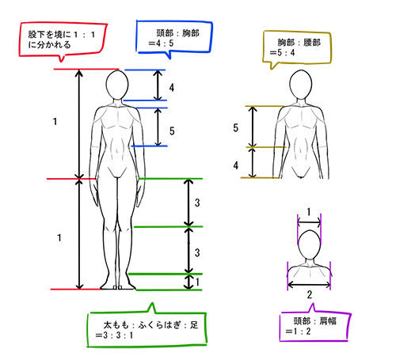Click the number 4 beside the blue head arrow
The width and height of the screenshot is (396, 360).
click(172, 88)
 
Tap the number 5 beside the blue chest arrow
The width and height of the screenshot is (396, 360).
click(172, 131)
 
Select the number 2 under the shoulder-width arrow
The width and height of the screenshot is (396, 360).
click(310, 294)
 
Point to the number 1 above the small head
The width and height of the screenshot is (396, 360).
click(309, 212)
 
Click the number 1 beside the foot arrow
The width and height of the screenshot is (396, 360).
click(197, 282)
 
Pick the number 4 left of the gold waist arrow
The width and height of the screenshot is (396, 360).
click(236, 165)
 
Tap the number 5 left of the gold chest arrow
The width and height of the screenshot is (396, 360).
click(235, 128)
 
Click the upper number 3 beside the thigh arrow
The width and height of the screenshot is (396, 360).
click(197, 203)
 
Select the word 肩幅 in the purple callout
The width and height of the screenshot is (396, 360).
click(328, 321)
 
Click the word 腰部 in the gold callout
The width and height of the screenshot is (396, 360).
click(312, 42)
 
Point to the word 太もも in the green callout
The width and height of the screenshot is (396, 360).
click(116, 325)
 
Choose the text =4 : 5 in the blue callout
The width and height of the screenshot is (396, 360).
click(161, 43)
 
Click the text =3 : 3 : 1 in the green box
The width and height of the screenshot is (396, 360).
click(114, 335)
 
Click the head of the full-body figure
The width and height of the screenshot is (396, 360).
click(117, 85)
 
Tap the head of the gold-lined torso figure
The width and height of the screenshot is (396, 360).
click(301, 85)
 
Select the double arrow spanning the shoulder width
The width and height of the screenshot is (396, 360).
click(309, 285)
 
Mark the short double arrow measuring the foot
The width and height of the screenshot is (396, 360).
click(188, 282)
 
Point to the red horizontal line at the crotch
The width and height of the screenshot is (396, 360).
click(72, 179)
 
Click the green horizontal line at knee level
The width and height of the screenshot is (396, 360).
click(168, 226)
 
